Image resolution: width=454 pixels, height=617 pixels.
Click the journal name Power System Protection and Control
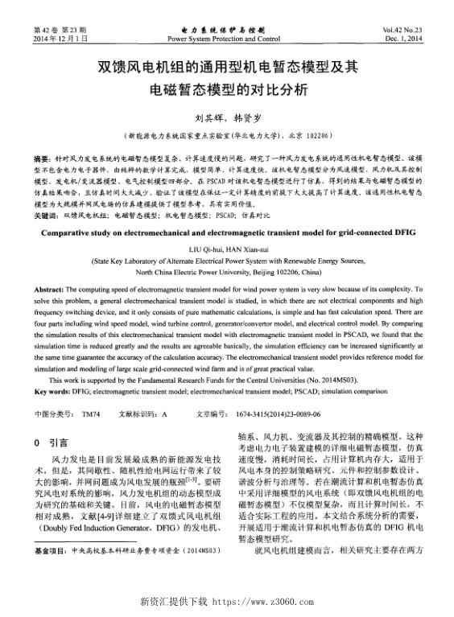point(225,39)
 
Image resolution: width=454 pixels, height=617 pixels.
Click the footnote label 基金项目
point(52,552)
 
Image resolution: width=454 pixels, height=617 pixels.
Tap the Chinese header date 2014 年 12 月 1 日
point(60,39)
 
